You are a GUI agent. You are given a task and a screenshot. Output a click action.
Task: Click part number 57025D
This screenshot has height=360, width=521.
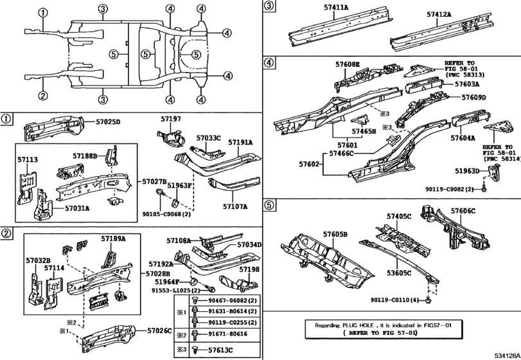[x=108, y=122]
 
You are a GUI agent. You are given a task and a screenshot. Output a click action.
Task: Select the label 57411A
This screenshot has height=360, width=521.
[x=336, y=7]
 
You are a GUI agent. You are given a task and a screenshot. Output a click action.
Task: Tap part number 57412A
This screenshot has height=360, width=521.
[x=439, y=14]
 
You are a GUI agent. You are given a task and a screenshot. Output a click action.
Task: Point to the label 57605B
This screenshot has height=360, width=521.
[x=335, y=235]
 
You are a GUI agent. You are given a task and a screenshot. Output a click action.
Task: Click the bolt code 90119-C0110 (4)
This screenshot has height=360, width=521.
[x=394, y=300]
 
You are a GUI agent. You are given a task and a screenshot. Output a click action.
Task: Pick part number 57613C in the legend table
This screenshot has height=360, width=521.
[x=220, y=350]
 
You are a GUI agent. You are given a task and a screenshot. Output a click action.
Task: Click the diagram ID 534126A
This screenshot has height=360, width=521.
[x=507, y=355]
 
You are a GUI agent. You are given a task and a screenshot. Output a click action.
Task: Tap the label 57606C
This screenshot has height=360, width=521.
[x=463, y=211]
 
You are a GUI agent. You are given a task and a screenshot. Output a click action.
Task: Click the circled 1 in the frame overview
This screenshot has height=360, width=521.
[x=43, y=13]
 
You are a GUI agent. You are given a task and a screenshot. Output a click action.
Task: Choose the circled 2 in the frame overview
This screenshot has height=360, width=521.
[x=42, y=96]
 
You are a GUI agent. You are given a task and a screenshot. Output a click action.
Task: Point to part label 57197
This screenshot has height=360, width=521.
[x=171, y=119]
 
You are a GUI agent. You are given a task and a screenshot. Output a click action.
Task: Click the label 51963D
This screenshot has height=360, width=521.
[x=467, y=171]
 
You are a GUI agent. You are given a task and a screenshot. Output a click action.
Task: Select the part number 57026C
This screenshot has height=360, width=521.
[x=159, y=330]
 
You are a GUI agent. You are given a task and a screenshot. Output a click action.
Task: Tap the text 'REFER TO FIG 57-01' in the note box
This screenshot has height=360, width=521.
[x=383, y=332]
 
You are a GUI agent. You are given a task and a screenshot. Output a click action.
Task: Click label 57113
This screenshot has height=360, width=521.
[x=27, y=159]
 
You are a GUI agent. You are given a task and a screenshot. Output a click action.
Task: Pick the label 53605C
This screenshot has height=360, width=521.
[x=399, y=273]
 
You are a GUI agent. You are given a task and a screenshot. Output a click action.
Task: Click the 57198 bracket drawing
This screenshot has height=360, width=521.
[x=239, y=282]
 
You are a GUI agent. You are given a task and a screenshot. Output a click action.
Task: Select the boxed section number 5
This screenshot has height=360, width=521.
[x=269, y=205]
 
